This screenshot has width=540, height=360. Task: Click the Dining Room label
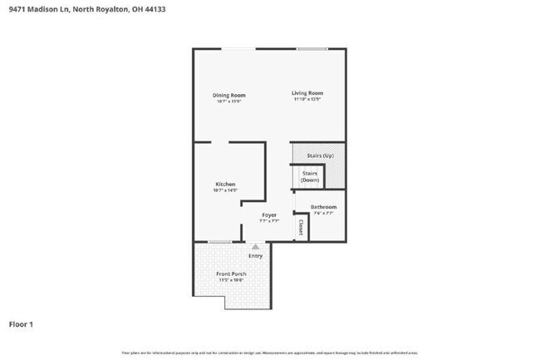pos(228,95)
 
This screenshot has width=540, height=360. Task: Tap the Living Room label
pos(307,93)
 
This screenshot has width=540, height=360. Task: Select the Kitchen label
pos(225,184)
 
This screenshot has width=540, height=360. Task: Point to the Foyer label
pos(268,215)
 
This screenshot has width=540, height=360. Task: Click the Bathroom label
pos(323,206)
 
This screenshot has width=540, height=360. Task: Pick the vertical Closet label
pos(301,227)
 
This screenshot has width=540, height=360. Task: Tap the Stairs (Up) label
pos(320,155)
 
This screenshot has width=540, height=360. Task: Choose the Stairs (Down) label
pos(310,176)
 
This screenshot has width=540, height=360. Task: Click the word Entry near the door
pos(255,255)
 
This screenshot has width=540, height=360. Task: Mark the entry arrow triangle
pos(255,247)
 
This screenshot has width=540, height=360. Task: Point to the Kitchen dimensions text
pos(225,190)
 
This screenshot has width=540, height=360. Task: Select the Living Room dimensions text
pos(307,100)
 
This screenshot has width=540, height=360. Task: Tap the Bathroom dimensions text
pos(323,213)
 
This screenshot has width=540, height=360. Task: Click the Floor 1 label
pos(22,323)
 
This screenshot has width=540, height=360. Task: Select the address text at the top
pos(69,9)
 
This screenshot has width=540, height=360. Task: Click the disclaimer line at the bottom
pos(269,353)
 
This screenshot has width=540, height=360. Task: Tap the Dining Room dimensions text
pos(228,101)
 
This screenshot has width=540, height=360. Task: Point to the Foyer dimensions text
pos(268,221)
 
